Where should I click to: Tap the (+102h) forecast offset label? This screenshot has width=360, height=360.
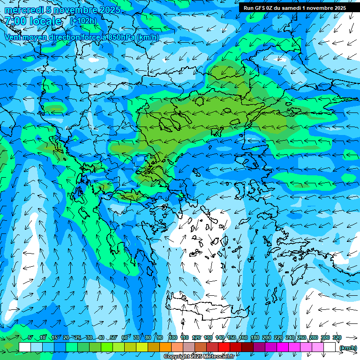(83, 21)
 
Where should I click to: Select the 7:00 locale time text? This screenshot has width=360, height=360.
(33, 21)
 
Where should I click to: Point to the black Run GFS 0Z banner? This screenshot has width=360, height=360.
(295, 7)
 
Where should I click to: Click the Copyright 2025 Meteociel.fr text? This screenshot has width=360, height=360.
(199, 357)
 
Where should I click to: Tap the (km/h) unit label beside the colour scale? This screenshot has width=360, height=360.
(347, 347)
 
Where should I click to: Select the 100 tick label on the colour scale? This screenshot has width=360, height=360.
(173, 337)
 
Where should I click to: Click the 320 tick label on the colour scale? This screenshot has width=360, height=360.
(337, 337)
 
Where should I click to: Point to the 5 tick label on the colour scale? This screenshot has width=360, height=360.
(30, 337)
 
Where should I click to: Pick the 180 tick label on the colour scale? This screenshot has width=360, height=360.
(255, 337)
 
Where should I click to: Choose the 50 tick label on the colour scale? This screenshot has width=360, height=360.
(113, 337)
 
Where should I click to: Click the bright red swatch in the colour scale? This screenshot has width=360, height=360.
(224, 347)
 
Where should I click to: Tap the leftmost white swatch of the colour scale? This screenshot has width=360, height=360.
(25, 347)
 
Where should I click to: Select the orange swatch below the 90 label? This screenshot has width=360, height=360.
(165, 347)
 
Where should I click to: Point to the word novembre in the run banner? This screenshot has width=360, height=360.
(315, 7)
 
